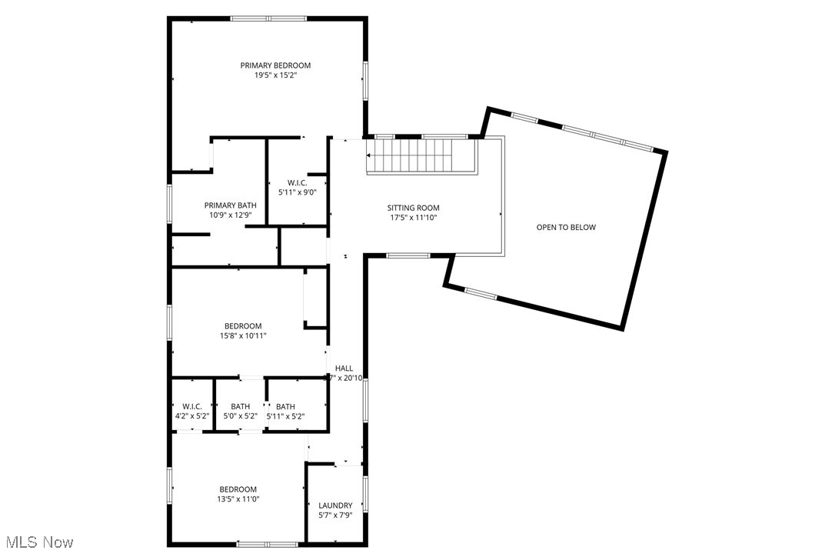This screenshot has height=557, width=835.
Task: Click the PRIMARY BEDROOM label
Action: [275, 65]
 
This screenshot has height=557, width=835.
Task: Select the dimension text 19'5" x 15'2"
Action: [275, 75]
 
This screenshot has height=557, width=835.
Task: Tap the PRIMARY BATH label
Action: [230, 205]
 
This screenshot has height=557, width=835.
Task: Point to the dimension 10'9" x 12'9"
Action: [230, 215]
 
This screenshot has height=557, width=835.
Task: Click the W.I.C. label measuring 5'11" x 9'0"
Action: [298, 182]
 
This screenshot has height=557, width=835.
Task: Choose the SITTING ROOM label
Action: [413, 208]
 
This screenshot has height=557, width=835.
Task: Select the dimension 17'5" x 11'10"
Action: [413, 218]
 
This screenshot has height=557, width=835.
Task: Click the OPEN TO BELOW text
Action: [566, 227]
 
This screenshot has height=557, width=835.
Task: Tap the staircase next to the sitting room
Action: [419, 156]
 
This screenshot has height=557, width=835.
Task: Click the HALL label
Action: [344, 369]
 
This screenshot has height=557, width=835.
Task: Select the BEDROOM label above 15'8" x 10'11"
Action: [243, 326]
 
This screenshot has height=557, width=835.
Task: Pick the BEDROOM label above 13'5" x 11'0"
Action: [238, 489]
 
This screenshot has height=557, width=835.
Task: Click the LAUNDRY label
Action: [335, 505]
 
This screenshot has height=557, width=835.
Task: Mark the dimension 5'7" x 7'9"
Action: [335, 515]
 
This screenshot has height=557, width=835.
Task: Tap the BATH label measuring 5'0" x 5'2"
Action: [241, 406]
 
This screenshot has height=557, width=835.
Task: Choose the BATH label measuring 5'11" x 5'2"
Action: [285, 406]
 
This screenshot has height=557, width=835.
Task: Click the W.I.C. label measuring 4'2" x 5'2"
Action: [192, 406]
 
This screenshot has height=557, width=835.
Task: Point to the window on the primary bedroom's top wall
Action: [268, 18]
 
